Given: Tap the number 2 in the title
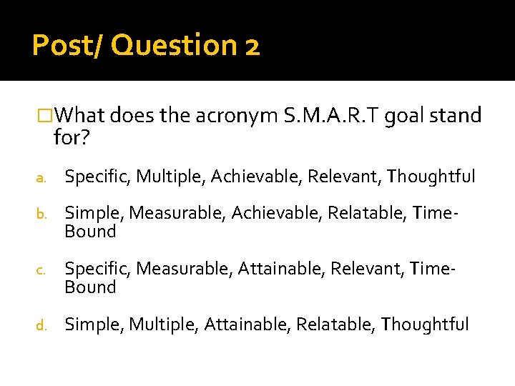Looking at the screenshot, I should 251,47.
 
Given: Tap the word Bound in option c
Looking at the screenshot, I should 90,287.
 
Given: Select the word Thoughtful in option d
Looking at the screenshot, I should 425,325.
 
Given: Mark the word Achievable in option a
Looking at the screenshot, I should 255,176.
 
